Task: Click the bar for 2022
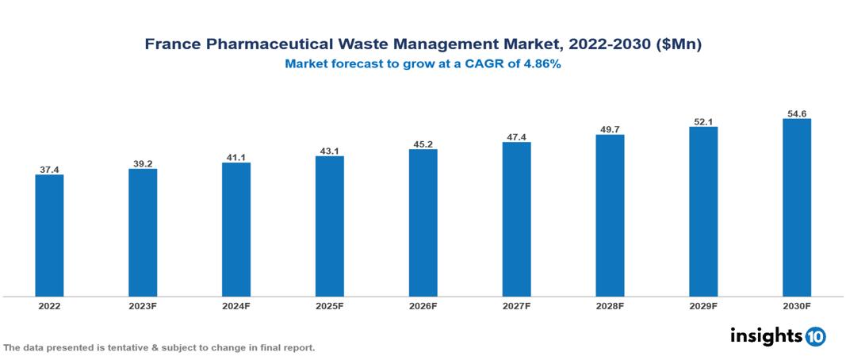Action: point(49,236)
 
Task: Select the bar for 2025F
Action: point(329,226)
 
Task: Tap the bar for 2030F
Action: point(796,208)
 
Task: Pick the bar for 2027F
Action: point(516,219)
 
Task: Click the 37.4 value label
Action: point(49,170)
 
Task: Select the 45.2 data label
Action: point(423,144)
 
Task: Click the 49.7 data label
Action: point(610,129)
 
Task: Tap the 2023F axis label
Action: point(143,305)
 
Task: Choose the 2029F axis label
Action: point(703,305)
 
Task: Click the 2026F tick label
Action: point(423,305)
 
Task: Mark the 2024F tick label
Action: point(236,305)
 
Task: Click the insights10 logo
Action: point(778,336)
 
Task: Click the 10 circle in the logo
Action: point(816,337)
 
